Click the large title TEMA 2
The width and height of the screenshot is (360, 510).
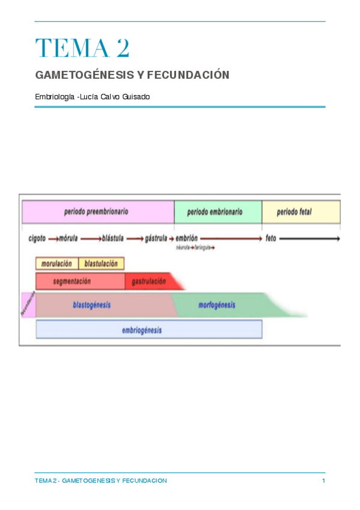[x=82, y=49]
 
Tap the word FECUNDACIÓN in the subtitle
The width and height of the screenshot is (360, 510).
[x=193, y=76]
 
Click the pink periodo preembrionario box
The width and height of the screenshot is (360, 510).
[x=97, y=212]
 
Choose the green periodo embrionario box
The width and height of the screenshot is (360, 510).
[x=218, y=212]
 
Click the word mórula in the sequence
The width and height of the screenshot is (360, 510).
[x=67, y=239]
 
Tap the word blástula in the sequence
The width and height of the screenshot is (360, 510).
[x=113, y=239]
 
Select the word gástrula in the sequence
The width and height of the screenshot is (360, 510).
[x=156, y=239]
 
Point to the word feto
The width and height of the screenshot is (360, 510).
[x=270, y=239]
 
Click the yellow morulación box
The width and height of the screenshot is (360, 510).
[x=57, y=263]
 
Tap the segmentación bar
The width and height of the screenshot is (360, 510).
[x=80, y=281]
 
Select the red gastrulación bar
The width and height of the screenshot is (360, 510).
[x=148, y=281]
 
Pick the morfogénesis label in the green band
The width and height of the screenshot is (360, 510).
[x=216, y=306]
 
